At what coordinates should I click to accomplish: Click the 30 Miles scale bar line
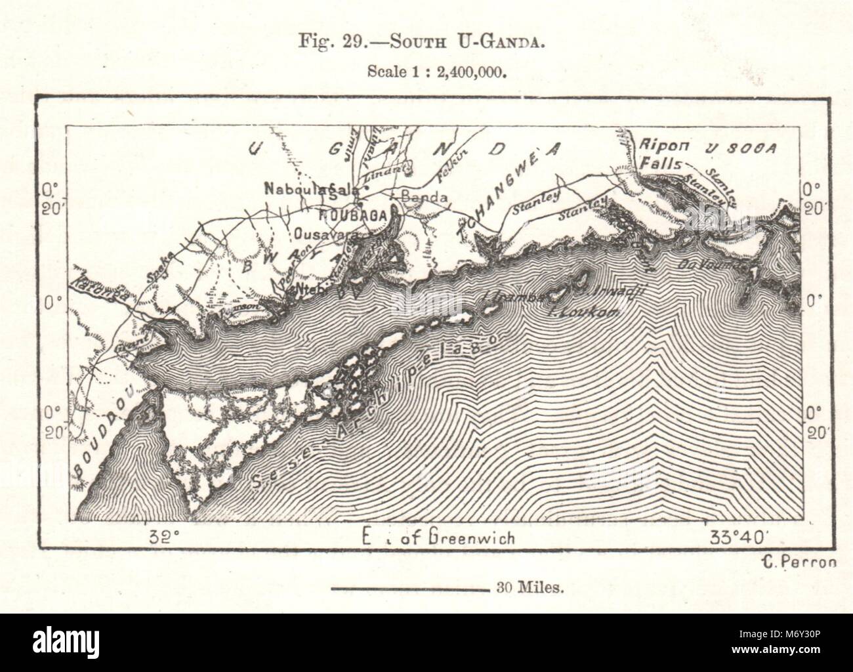(407, 588)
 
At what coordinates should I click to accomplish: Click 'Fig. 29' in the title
(322, 44)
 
